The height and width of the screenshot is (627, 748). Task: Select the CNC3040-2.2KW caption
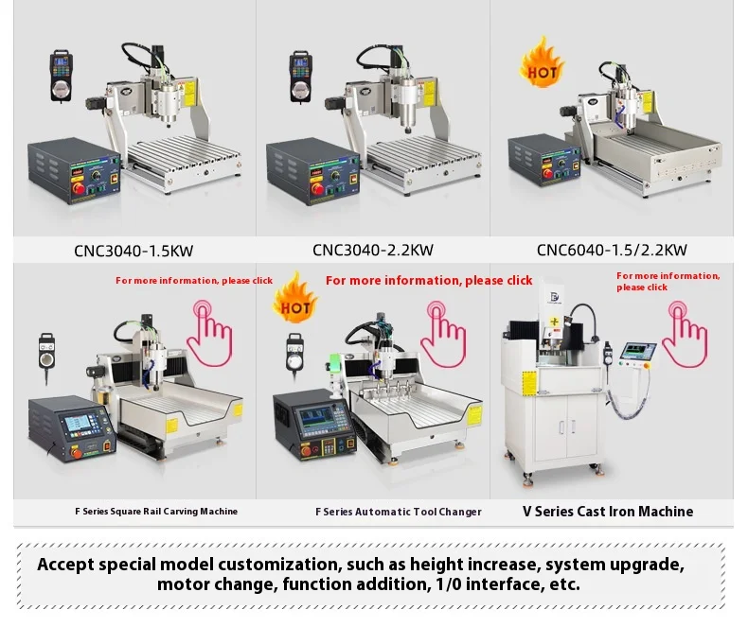pos(372,251)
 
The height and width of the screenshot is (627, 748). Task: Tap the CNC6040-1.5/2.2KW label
pos(612,251)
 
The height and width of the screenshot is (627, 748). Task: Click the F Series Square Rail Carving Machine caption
pos(156,512)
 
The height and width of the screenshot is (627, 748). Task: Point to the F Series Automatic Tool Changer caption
pos(398,512)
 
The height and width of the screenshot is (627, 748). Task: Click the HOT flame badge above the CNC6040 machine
pos(543,64)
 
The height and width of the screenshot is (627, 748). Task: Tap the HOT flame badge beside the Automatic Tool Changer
pos(294,300)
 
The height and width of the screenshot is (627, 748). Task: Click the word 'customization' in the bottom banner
pos(282,565)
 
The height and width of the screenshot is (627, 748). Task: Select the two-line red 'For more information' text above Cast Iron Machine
pos(668,281)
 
